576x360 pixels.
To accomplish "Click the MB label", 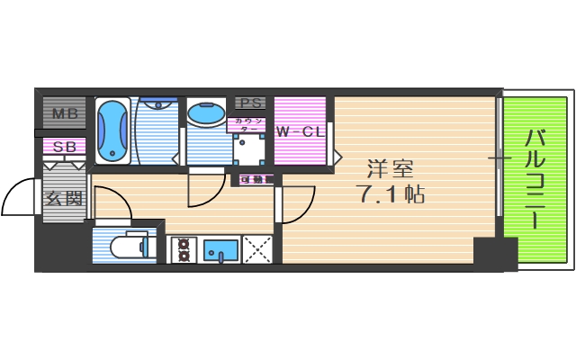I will pyautogui.click(x=64, y=114).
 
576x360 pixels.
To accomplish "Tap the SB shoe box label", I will pyautogui.click(x=64, y=148).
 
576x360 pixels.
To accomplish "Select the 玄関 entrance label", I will pyautogui.click(x=64, y=198).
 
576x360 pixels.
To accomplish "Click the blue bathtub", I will pyautogui.click(x=112, y=130).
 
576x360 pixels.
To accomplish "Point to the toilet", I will pyautogui.click(x=125, y=245).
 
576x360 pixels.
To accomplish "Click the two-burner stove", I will pyautogui.click(x=184, y=248).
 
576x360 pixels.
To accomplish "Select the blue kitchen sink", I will pyautogui.click(x=220, y=248).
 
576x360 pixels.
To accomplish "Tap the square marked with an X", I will pyautogui.click(x=258, y=248).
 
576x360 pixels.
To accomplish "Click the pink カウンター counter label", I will pyautogui.click(x=248, y=125).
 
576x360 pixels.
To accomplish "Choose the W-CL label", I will pyautogui.click(x=300, y=132).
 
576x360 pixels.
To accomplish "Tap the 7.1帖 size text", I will pyautogui.click(x=391, y=193).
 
